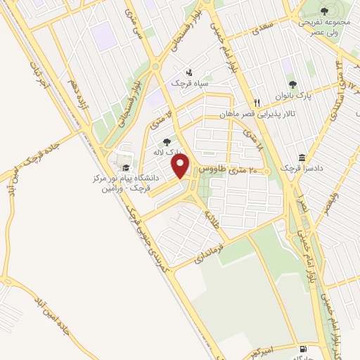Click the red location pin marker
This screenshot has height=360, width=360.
tap(181, 166)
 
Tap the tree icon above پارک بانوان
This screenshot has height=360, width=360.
tap(293, 84)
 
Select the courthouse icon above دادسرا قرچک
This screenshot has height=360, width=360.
tap(302, 157)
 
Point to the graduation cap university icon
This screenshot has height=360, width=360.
tap(126, 168)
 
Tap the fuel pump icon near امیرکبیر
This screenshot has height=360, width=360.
tap(303, 348)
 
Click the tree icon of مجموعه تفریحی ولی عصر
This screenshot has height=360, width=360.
tap(323, 11)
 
